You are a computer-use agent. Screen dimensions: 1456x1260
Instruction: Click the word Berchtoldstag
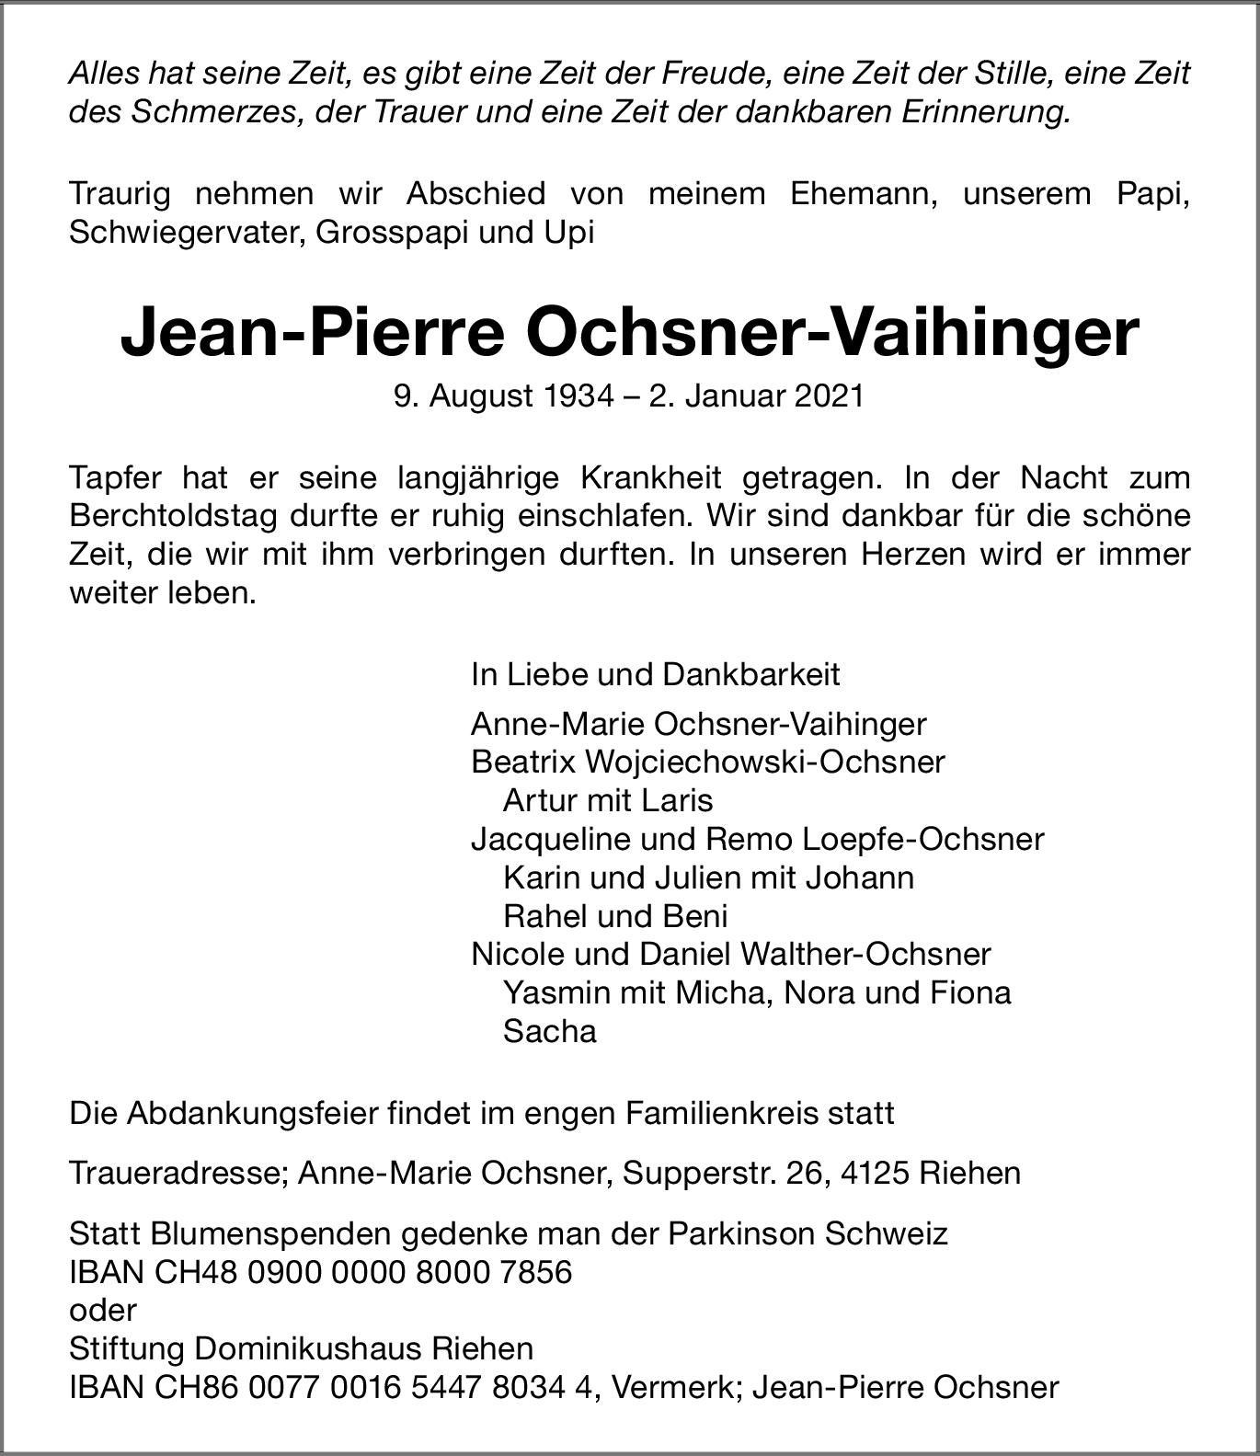point(169,516)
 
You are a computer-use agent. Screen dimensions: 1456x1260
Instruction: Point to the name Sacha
point(550,1031)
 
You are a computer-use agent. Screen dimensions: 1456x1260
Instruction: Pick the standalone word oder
point(103,1310)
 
